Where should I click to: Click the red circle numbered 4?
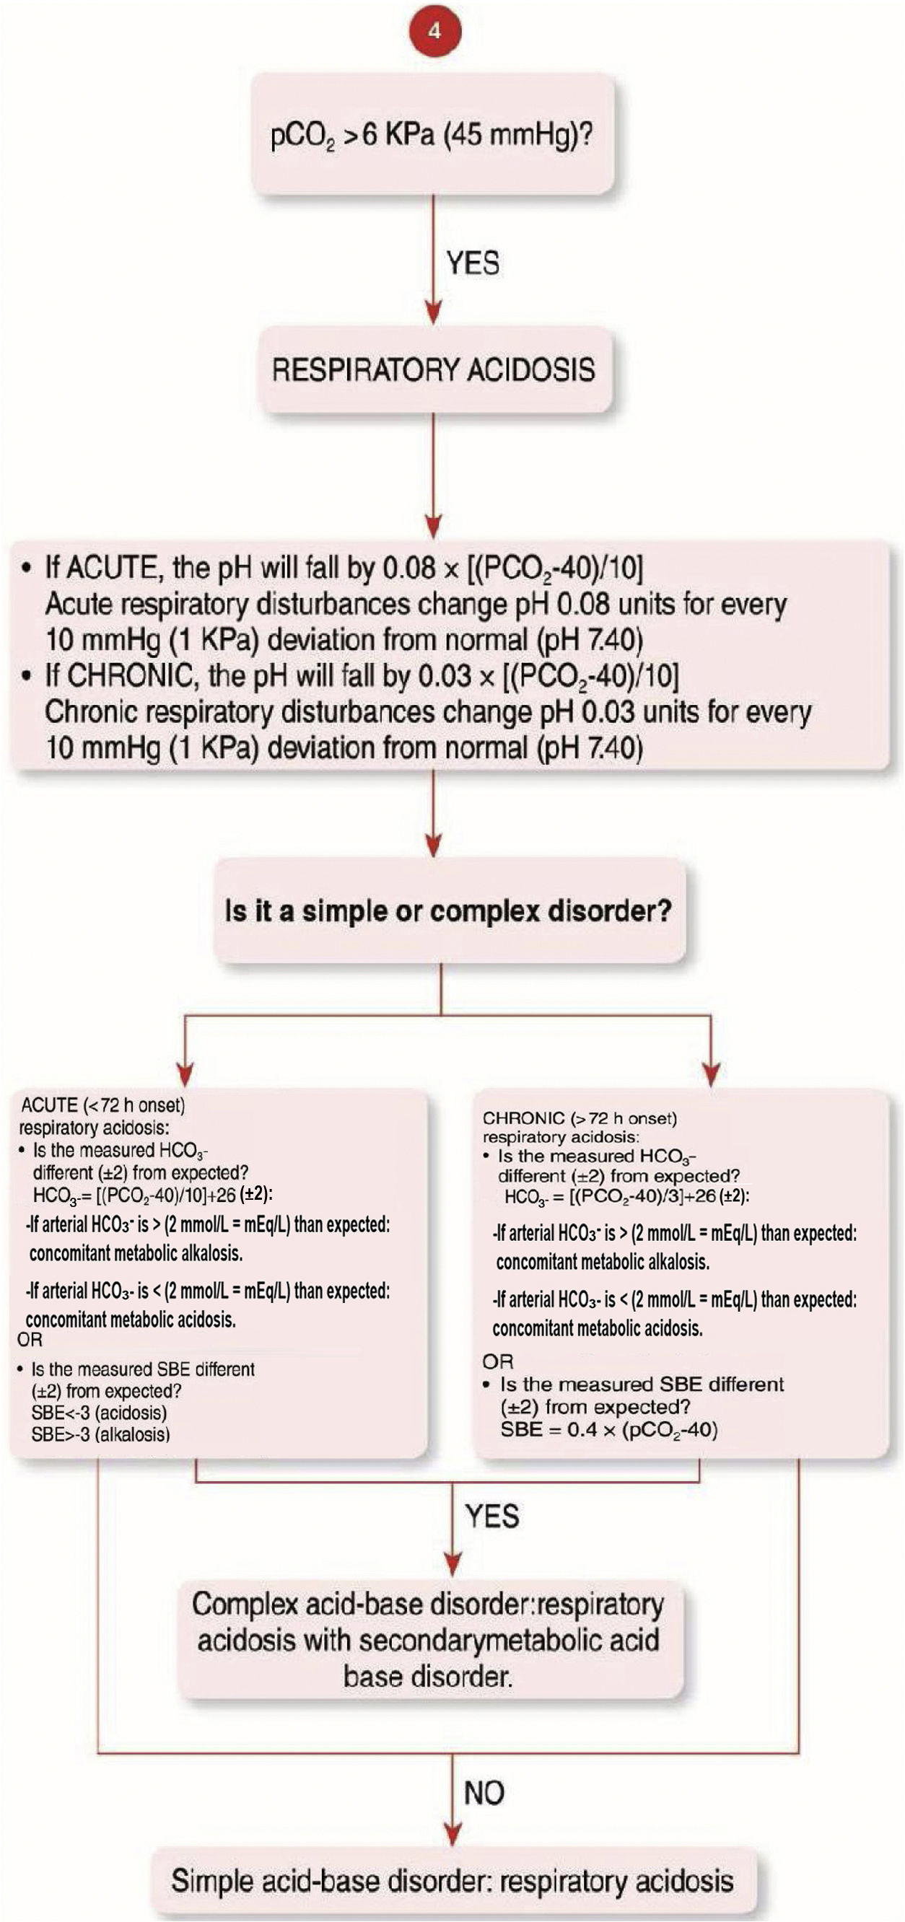(x=434, y=31)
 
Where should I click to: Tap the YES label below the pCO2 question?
(x=473, y=263)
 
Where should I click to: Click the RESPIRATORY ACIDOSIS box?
(x=434, y=370)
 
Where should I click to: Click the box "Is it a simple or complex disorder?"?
(x=448, y=911)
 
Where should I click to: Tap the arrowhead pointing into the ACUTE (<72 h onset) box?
(x=185, y=1074)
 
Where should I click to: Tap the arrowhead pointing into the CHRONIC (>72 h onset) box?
(x=711, y=1074)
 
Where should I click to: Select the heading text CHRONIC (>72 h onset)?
(x=580, y=1118)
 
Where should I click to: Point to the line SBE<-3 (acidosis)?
(x=99, y=1413)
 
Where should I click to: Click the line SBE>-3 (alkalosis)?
(x=101, y=1434)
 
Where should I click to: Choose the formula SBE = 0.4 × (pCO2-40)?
(x=609, y=1429)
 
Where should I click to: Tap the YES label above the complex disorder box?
(x=491, y=1516)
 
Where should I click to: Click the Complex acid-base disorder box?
(x=429, y=1641)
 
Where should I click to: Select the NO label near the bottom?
(x=484, y=1792)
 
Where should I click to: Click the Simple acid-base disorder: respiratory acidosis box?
(x=452, y=1881)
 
